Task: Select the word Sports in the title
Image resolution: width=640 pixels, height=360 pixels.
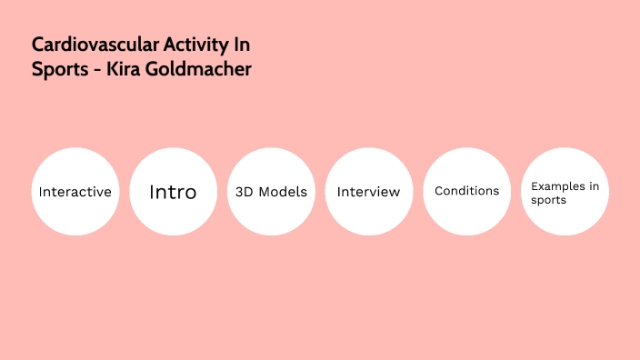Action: (57, 69)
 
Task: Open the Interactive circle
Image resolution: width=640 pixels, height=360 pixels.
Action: (75, 192)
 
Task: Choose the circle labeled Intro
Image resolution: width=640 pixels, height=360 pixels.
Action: (173, 192)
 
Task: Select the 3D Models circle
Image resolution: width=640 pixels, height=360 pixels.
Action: (271, 192)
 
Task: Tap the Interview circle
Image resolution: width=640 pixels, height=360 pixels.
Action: (368, 192)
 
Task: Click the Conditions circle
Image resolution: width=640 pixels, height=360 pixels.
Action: (466, 192)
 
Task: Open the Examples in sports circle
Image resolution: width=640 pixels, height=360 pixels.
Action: (565, 192)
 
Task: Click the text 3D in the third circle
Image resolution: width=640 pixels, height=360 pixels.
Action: (245, 193)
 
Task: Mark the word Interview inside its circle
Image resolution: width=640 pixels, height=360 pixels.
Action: (368, 193)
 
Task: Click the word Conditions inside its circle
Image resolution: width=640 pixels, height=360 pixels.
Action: (466, 191)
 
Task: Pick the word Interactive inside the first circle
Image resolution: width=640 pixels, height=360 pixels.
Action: (75, 193)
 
